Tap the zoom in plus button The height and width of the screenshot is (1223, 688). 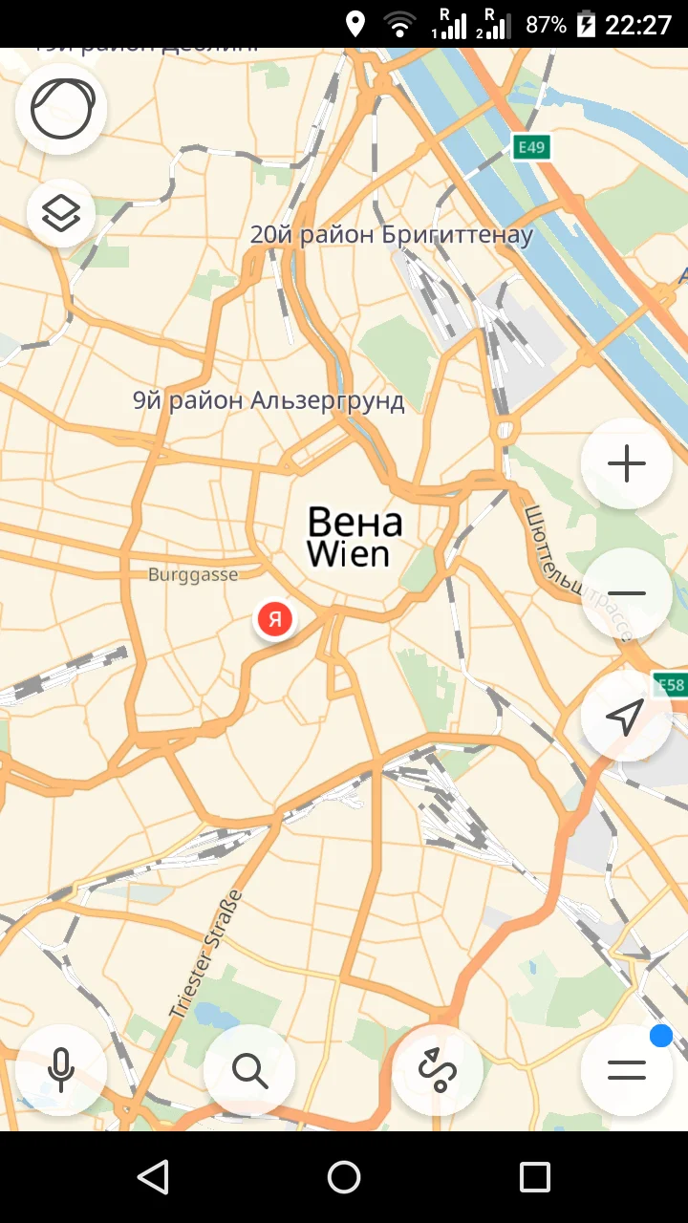point(626,464)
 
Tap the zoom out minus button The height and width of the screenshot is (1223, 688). point(626,593)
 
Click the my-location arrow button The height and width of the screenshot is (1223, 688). point(626,717)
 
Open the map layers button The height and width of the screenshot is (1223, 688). point(61,213)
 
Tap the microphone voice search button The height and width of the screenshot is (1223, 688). point(61,1070)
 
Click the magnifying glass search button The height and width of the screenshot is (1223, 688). point(249,1070)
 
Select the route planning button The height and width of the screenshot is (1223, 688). point(438,1070)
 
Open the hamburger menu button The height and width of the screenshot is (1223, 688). point(626,1070)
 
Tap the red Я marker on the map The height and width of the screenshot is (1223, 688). point(275,619)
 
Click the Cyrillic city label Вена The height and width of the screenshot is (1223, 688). point(355,523)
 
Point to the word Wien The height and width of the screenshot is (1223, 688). point(348,554)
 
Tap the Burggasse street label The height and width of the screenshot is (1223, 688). point(193,575)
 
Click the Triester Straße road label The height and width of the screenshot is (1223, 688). point(206,954)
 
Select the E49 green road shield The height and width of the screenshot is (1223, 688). point(531,147)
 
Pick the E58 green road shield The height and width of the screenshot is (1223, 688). point(670,684)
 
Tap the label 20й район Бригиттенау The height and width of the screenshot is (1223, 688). point(391,235)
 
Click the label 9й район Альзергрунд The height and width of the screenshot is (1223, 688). point(269,400)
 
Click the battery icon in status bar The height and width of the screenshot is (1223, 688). point(586,24)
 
